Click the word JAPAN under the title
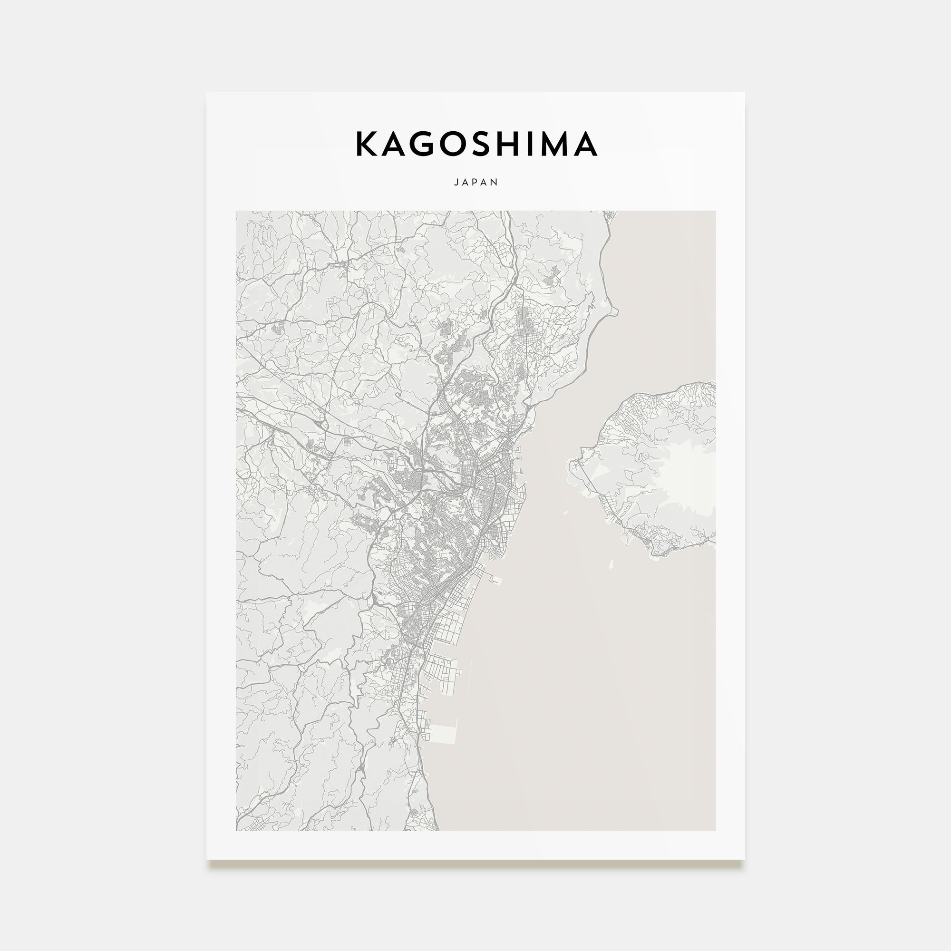click(x=475, y=182)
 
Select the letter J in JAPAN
click(x=456, y=182)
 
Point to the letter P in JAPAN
click(x=475, y=182)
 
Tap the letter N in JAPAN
click(x=495, y=182)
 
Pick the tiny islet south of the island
click(x=611, y=564)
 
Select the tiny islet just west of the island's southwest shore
click(x=565, y=513)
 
